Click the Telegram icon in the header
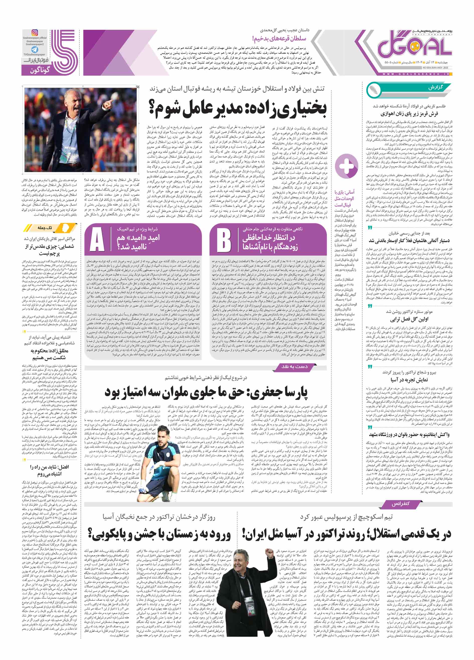(x=35, y=50)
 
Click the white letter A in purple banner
(x=97, y=240)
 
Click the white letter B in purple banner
(x=224, y=240)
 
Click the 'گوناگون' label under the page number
(x=40, y=70)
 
